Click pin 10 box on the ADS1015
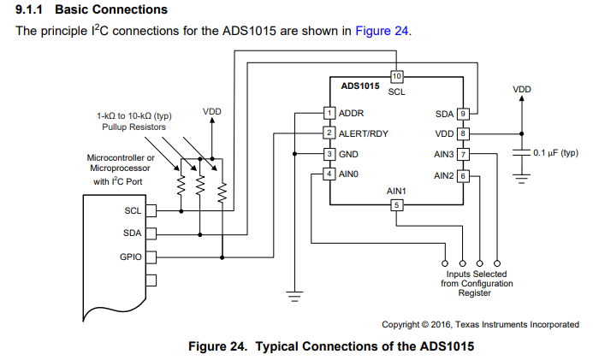[x=396, y=76]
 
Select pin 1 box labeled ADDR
[x=329, y=113]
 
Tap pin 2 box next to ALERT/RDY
[x=329, y=133]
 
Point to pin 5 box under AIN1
[x=396, y=205]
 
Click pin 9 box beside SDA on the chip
[x=463, y=114]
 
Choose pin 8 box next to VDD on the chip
[x=463, y=133]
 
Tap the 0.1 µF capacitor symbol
[x=521, y=152]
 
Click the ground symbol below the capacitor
[x=521, y=179]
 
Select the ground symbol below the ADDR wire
[x=294, y=296]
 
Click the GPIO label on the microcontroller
[x=131, y=257]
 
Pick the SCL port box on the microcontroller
[x=151, y=211]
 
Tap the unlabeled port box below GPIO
[x=151, y=280]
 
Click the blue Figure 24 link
[x=382, y=31]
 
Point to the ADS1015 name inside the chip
[x=360, y=86]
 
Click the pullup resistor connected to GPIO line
[x=222, y=192]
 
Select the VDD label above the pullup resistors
[x=212, y=112]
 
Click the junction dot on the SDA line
[x=200, y=234]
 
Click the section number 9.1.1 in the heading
[x=29, y=9]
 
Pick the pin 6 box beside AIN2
[x=463, y=176]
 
